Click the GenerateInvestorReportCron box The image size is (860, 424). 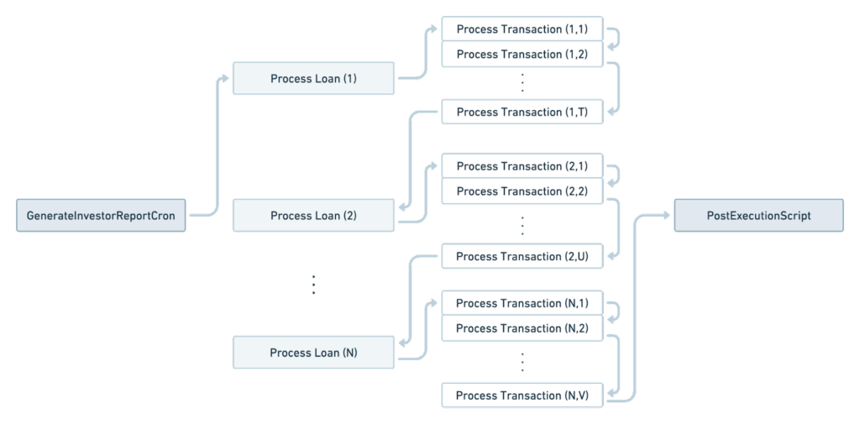(102, 216)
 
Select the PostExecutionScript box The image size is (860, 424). (758, 216)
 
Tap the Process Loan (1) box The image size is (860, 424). (313, 79)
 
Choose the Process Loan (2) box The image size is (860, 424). (313, 216)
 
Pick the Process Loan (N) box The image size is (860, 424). (313, 353)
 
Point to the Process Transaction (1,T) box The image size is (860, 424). (522, 112)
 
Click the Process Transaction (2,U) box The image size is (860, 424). (522, 256)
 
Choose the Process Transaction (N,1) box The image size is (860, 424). (522, 303)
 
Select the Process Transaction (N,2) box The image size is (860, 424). (522, 328)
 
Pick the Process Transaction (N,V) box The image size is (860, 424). (522, 395)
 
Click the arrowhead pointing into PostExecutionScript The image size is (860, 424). (669, 216)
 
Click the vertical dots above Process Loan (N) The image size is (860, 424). (314, 284)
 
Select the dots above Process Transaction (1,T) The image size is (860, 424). (522, 83)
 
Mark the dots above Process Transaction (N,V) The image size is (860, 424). (522, 362)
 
